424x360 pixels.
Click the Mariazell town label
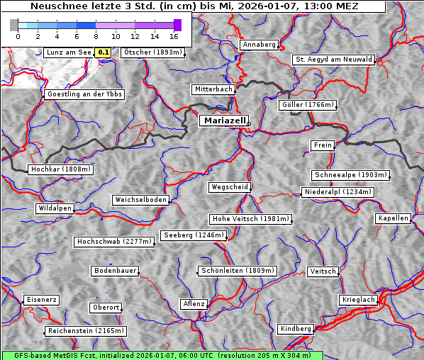[x=223, y=121]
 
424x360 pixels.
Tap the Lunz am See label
[x=68, y=52]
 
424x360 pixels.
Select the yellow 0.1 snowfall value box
[x=103, y=52]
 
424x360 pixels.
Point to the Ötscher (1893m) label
[x=152, y=52]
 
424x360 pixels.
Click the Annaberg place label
[x=259, y=45]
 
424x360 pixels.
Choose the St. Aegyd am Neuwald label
[x=333, y=60]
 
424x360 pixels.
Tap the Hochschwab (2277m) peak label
[x=114, y=242]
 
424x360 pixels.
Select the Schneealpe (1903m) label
[x=350, y=175]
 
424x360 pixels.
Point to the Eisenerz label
[x=41, y=300]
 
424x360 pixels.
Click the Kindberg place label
[x=296, y=329]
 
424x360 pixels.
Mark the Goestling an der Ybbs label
[x=84, y=94]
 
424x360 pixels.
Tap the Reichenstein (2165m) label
[x=86, y=331]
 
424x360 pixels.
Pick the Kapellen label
[x=393, y=218]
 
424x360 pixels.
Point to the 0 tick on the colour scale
[x=18, y=35]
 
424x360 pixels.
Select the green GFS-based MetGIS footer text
[x=162, y=355]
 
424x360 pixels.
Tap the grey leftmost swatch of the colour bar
[x=14, y=25]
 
